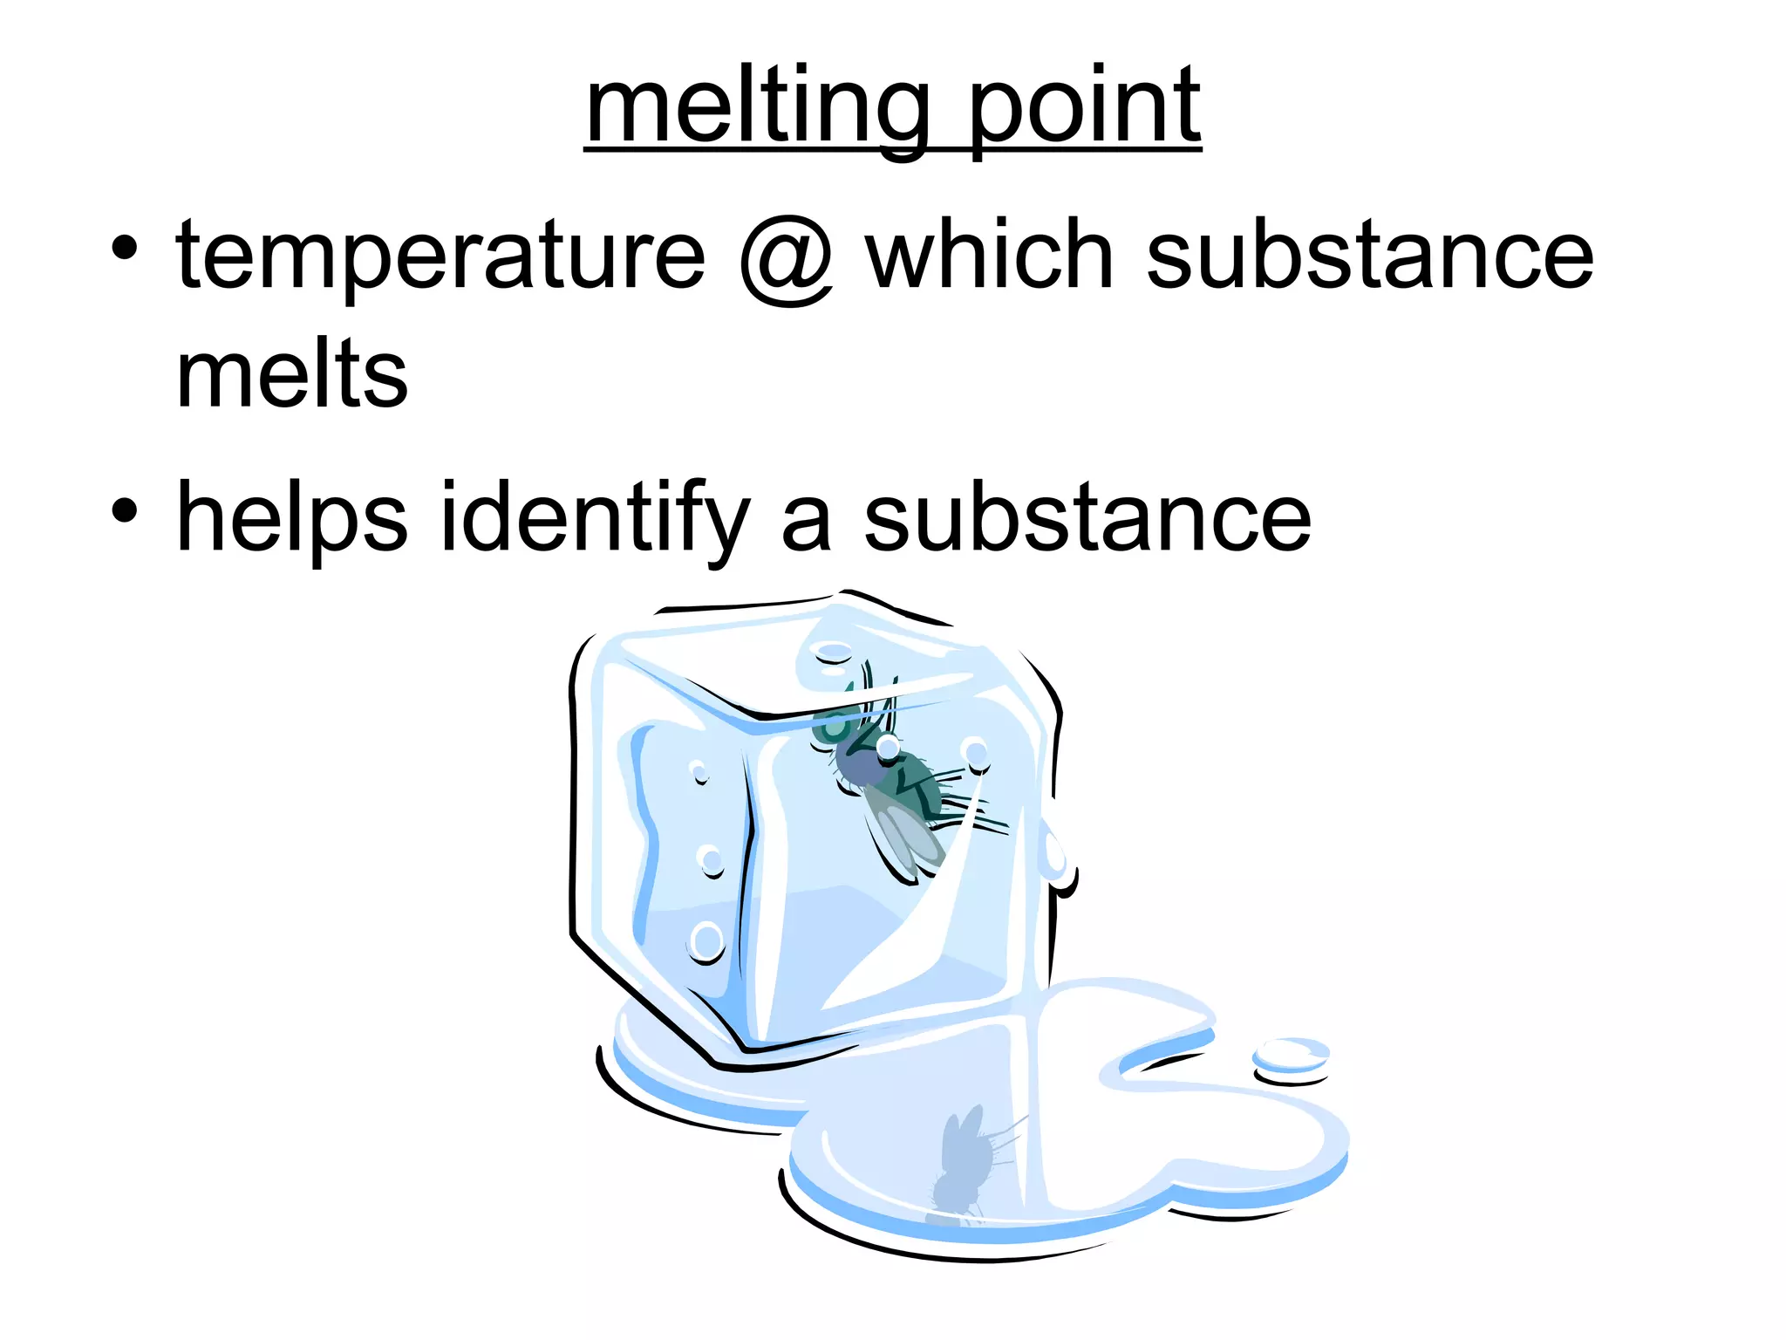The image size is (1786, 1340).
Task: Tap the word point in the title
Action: tap(1085, 108)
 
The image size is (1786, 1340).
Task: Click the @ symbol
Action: tap(786, 259)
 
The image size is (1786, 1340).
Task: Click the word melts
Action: tap(292, 374)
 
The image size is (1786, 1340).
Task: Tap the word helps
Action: tap(292, 519)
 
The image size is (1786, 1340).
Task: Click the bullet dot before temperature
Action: tap(125, 248)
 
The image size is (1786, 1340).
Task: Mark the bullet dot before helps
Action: tap(125, 510)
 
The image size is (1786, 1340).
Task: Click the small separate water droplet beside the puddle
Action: tap(1291, 1058)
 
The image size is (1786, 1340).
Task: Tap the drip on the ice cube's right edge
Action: tap(1057, 859)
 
